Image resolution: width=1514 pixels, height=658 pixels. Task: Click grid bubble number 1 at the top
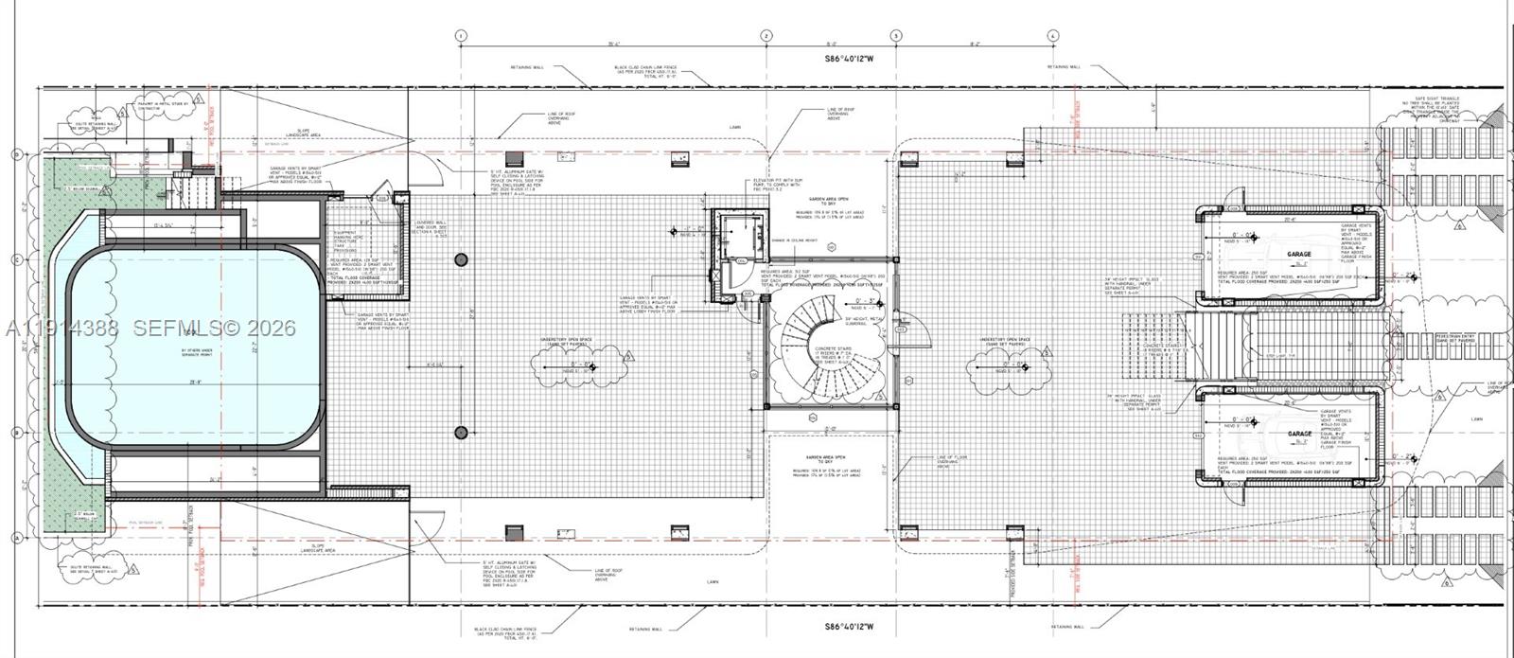[461, 36]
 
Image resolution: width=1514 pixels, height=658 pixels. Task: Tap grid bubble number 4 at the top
[1053, 36]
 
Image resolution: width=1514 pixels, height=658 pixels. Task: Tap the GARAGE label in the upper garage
[1299, 255]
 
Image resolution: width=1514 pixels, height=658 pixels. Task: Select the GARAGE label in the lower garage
[1299, 434]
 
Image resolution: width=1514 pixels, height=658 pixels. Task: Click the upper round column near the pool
[461, 259]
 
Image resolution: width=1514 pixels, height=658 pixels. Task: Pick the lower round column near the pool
[461, 433]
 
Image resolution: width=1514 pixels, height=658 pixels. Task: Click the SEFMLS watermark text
[214, 329]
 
